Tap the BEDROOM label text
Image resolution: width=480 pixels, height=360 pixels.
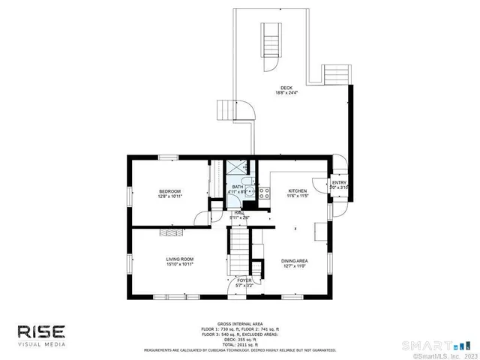[169, 192]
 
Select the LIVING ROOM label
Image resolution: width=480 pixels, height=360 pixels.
[180, 259]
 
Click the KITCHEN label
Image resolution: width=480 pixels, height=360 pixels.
[298, 191]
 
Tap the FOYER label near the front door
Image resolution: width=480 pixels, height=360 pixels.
[244, 280]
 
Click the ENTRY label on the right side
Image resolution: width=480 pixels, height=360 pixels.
[339, 182]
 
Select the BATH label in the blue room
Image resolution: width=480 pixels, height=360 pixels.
[237, 187]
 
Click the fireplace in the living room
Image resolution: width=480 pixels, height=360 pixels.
[170, 233]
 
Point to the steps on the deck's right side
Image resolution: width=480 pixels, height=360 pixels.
[336, 73]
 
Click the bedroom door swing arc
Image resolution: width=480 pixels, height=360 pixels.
[200, 217]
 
